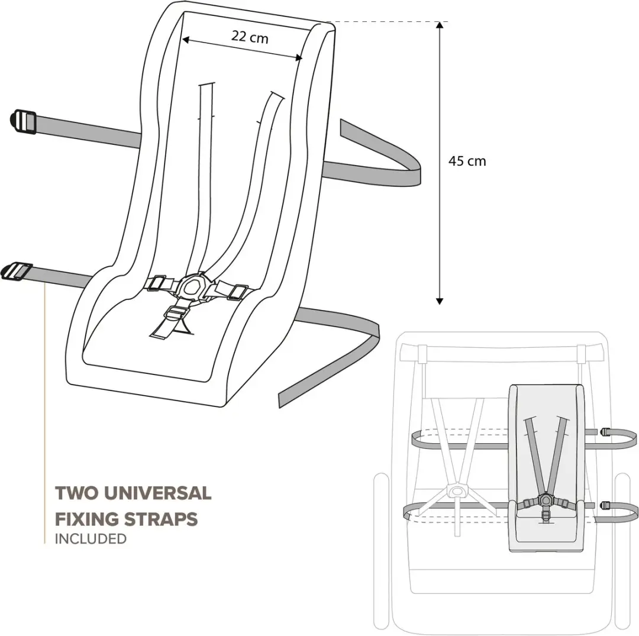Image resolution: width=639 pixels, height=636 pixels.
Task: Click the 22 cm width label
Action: tap(250, 37)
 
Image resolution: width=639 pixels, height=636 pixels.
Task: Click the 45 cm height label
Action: tap(467, 161)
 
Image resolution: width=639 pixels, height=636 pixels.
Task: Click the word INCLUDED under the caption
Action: tap(91, 538)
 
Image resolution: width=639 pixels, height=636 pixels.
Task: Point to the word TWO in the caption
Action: tap(76, 493)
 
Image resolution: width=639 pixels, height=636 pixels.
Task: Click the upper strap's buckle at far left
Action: tap(23, 121)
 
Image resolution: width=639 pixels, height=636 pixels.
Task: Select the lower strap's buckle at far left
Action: tap(17, 272)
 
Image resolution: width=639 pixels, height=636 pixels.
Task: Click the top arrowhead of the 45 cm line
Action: tap(439, 25)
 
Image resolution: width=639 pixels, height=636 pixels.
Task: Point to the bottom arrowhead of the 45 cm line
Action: tap(439, 301)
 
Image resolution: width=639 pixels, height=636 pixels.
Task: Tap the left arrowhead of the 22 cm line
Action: tap(185, 40)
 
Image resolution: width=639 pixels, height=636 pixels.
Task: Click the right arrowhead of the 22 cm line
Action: tap(299, 58)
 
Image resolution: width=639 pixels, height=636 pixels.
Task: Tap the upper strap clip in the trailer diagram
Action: tap(604, 431)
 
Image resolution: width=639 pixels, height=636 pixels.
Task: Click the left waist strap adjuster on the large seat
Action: tap(156, 283)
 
